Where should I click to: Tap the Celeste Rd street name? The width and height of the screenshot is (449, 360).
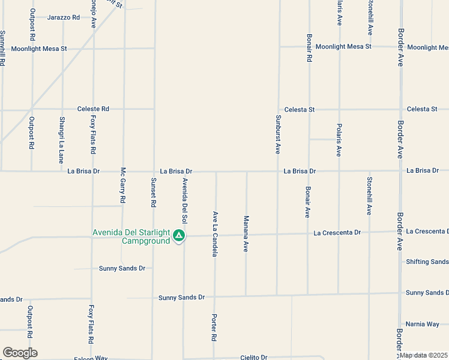pyautogui.click(x=93, y=109)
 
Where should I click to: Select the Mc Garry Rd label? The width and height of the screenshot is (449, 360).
pyautogui.click(x=123, y=184)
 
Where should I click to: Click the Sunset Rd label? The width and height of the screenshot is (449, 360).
pyautogui.click(x=154, y=193)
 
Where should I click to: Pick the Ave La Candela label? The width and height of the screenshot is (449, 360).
pyautogui.click(x=215, y=234)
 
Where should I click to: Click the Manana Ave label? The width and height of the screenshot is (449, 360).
pyautogui.click(x=246, y=234)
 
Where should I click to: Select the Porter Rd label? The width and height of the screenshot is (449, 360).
pyautogui.click(x=213, y=328)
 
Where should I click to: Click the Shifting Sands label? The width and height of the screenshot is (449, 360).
pyautogui.click(x=427, y=262)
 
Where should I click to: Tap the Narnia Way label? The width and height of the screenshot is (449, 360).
pyautogui.click(x=423, y=324)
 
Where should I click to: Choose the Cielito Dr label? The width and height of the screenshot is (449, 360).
pyautogui.click(x=253, y=357)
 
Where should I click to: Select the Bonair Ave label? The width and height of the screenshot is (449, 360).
pyautogui.click(x=307, y=202)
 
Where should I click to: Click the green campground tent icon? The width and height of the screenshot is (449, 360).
pyautogui.click(x=178, y=236)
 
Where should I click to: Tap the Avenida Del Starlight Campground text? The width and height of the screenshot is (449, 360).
pyautogui.click(x=131, y=236)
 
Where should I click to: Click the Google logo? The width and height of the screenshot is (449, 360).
pyautogui.click(x=20, y=353)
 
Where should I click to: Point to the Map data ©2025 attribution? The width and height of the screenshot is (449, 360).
pyautogui.click(x=423, y=355)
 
